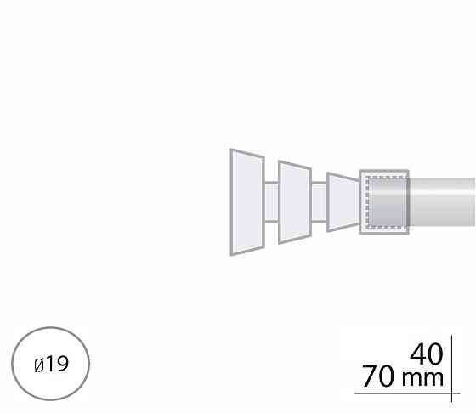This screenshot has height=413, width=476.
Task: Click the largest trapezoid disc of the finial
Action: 247,202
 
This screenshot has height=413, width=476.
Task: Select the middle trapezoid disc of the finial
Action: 295,202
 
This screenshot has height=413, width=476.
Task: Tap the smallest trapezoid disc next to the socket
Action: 343,202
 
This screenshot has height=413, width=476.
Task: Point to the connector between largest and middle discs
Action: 271,202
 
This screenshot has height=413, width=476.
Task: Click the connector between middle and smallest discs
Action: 320,202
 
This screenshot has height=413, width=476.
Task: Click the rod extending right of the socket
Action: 442,202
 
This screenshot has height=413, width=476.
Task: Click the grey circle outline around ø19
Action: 51,328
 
